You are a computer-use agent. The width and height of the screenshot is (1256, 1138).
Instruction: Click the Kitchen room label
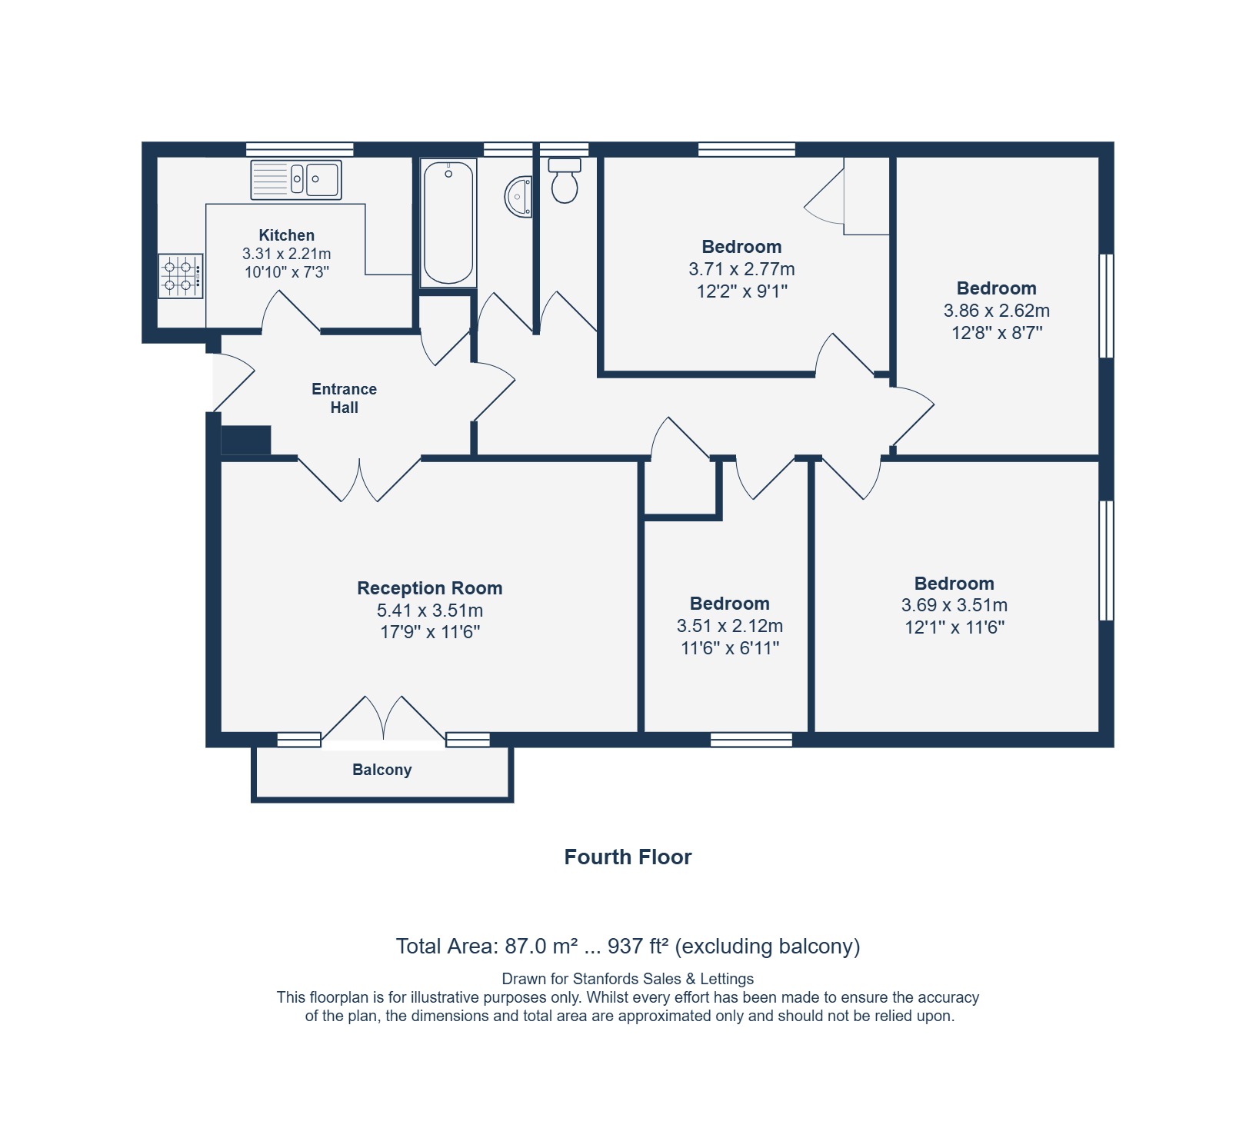pyautogui.click(x=286, y=235)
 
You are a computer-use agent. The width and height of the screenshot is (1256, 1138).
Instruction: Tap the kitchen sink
pyautogui.click(x=296, y=179)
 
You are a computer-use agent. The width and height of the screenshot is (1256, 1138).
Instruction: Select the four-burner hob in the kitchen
pyautogui.click(x=181, y=276)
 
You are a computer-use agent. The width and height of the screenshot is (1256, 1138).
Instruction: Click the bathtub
pyautogui.click(x=448, y=223)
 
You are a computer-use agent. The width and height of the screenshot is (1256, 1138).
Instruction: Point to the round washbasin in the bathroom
pyautogui.click(x=518, y=197)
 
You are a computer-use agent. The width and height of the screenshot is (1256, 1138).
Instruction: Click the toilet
pyautogui.click(x=565, y=181)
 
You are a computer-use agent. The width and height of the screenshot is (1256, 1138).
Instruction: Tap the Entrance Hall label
pyautogui.click(x=344, y=398)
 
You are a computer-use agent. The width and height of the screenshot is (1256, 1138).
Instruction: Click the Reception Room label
pyautogui.click(x=430, y=588)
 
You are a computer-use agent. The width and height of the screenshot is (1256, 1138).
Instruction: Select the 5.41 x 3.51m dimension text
pyautogui.click(x=430, y=611)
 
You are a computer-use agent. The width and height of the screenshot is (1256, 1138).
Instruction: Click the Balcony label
pyautogui.click(x=382, y=770)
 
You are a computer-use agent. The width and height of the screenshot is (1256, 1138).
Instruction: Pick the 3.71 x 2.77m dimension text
pyautogui.click(x=742, y=269)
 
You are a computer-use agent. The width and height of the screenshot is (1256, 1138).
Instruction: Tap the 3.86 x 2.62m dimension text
pyautogui.click(x=997, y=311)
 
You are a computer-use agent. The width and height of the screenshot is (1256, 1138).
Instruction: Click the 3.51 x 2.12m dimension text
pyautogui.click(x=730, y=626)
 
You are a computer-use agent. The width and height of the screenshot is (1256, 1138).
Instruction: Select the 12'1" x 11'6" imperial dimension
pyautogui.click(x=954, y=627)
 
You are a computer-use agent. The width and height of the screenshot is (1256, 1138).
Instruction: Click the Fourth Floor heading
pyautogui.click(x=628, y=857)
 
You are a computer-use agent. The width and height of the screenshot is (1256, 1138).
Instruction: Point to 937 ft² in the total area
pyautogui.click(x=638, y=946)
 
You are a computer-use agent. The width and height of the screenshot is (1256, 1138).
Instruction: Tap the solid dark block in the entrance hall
pyautogui.click(x=246, y=441)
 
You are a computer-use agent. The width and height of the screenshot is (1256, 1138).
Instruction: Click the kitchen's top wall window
pyautogui.click(x=300, y=149)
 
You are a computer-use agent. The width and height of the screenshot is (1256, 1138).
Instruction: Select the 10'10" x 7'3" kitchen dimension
pyautogui.click(x=287, y=271)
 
